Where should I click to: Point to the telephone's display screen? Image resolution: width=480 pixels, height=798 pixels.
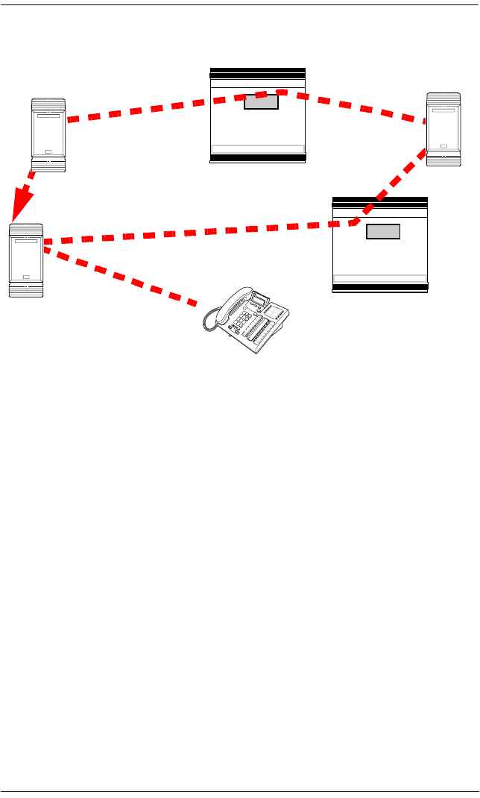260,301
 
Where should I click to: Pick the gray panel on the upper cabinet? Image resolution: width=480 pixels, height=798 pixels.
261,102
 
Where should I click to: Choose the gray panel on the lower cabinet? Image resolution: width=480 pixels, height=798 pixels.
383,231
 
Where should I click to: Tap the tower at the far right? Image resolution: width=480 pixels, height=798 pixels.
443,130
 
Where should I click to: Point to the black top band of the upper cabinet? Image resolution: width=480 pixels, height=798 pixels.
258,73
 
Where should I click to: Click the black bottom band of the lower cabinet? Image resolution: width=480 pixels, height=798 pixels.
380,287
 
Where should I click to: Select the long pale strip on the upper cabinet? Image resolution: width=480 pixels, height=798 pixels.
258,148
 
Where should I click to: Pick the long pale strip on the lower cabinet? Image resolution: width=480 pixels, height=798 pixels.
380,277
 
